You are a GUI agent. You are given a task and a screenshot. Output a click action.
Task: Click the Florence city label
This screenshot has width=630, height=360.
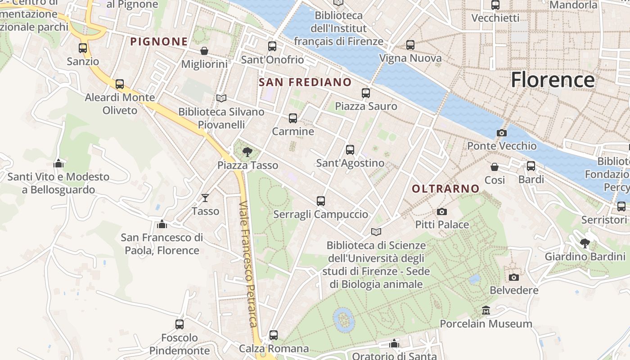point(553,80)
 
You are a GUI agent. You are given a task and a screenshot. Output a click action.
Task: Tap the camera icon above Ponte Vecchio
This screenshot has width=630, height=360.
point(501,133)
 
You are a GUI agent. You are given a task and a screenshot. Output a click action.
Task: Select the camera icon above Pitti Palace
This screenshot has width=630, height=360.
point(442,211)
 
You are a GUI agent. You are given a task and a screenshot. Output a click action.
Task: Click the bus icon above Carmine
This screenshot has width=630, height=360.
point(293,118)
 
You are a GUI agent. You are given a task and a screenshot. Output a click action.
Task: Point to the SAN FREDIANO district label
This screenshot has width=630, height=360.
point(305,82)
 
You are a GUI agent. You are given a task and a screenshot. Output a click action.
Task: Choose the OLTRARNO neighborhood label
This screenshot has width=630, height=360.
point(445,189)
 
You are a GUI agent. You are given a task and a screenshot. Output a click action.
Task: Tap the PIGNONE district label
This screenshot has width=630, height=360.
point(159,42)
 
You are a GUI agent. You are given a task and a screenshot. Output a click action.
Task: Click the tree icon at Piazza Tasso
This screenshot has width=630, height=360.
point(247,152)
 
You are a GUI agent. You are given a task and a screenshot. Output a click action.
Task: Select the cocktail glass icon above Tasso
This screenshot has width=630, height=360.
point(205,198)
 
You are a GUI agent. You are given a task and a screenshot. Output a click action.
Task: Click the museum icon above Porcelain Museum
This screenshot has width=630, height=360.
point(486,310)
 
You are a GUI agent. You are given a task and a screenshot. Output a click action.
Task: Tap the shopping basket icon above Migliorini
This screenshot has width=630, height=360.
point(204,51)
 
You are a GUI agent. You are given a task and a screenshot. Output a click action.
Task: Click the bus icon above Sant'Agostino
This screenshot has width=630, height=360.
point(350,150)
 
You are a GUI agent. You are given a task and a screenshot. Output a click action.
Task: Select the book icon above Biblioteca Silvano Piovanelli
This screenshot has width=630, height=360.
point(221,98)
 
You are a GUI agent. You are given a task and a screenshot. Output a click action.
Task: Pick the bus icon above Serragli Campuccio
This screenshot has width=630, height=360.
point(321,201)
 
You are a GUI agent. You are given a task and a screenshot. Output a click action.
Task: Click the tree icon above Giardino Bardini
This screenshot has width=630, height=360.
point(585,243)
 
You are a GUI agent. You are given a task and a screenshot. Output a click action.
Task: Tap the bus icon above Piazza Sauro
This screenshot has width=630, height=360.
point(366,93)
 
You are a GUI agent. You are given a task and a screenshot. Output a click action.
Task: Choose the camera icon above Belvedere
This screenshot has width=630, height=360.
point(513,277)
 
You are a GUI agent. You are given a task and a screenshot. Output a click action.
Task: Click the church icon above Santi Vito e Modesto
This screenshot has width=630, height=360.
point(58,163)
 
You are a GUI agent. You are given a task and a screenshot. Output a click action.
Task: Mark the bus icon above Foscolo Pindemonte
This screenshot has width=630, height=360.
point(180,324)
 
